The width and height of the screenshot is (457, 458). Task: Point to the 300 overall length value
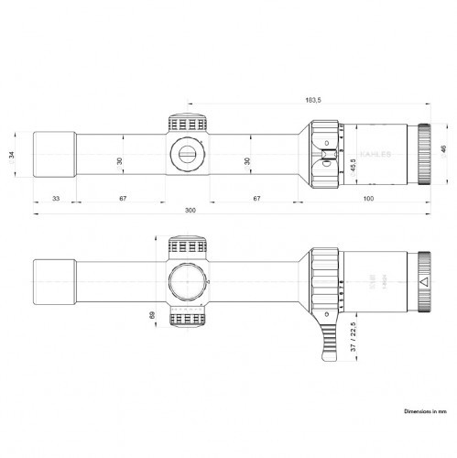pyautogui.click(x=190, y=211)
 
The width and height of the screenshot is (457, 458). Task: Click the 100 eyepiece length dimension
pyautogui.click(x=367, y=199)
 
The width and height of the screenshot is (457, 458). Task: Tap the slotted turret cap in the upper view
pyautogui.click(x=187, y=152)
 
